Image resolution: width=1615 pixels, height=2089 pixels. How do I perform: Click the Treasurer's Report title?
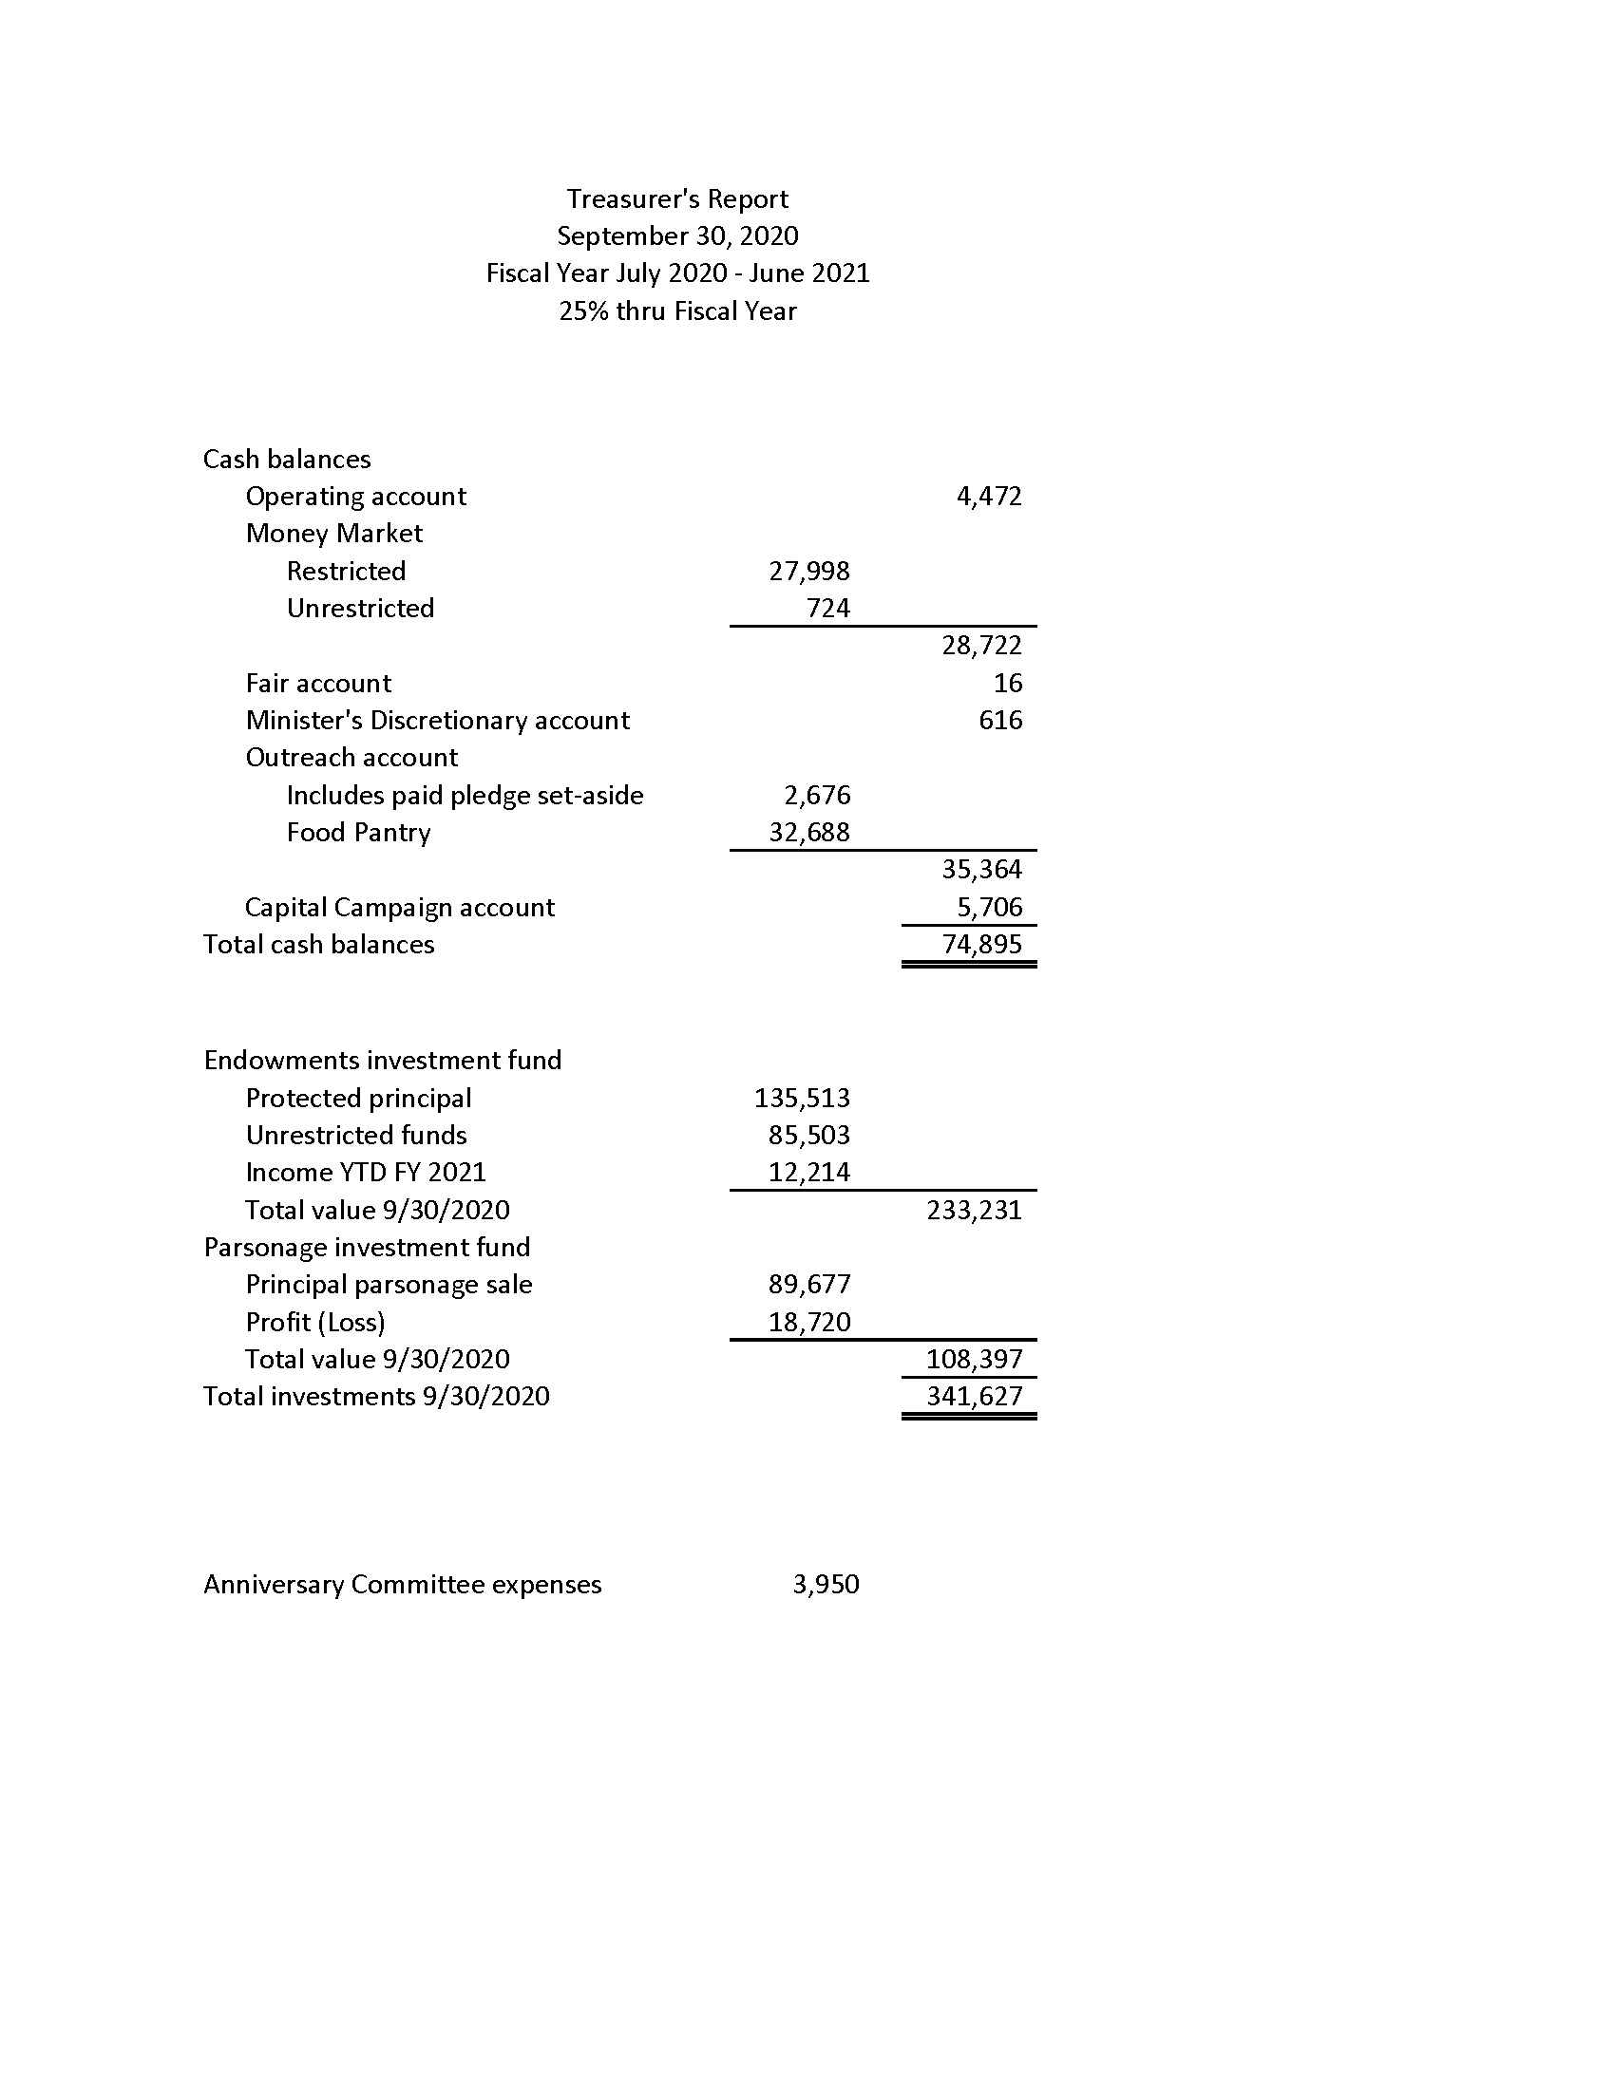[677, 199]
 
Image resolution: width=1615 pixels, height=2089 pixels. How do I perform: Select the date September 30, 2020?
[677, 236]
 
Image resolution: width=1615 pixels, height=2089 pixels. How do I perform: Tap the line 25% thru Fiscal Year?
[677, 311]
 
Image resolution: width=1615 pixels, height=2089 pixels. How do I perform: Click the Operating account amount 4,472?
[988, 497]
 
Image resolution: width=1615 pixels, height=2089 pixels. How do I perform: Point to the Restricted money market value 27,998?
[808, 571]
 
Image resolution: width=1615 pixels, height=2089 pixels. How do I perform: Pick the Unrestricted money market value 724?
[827, 609]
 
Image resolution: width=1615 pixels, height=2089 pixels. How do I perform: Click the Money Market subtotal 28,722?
[980, 646]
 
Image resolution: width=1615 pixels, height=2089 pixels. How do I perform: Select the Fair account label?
[317, 683]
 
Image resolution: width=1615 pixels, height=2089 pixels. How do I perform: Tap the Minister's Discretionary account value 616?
[999, 721]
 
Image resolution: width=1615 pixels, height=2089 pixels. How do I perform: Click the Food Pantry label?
[358, 832]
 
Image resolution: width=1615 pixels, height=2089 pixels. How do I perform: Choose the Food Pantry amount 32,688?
[808, 832]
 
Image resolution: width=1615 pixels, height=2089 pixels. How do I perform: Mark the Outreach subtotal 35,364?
[980, 870]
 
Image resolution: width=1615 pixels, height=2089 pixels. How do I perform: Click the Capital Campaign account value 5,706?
[989, 907]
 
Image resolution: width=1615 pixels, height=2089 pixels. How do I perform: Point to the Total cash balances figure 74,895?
[980, 944]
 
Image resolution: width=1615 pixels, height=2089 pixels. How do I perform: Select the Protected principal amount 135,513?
[802, 1098]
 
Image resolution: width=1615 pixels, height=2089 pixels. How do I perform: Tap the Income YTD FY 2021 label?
[366, 1173]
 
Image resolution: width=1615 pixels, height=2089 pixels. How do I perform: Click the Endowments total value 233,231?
[973, 1210]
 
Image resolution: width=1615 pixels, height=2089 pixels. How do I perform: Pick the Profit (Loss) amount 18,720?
[808, 1322]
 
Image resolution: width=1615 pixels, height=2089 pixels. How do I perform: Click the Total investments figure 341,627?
[973, 1397]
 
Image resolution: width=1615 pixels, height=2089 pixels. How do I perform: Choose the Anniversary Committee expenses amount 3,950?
[826, 1585]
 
